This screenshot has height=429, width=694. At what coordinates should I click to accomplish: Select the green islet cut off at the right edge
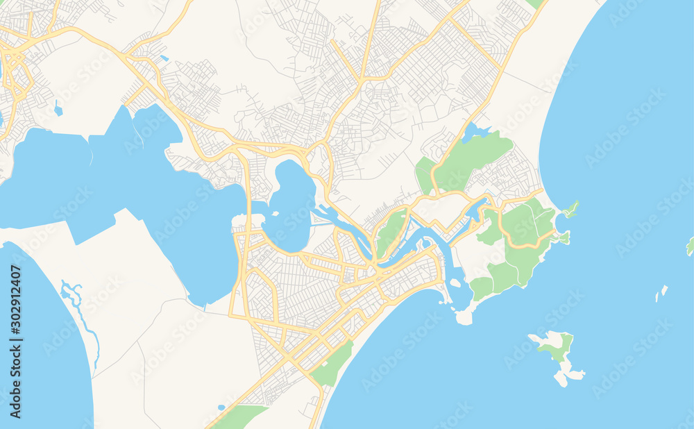[691, 246]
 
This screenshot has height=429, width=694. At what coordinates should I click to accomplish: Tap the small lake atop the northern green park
[474, 131]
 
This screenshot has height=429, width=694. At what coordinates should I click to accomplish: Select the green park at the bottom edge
[238, 417]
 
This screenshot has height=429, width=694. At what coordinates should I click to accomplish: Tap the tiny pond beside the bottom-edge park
[221, 407]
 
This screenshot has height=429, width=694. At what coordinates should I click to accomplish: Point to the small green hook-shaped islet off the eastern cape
[570, 208]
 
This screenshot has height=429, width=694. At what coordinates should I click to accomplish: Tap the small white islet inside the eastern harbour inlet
[456, 283]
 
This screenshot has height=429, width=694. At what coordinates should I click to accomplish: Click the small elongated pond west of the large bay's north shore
[58, 110]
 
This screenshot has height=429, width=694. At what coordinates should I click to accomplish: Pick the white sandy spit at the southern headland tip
[464, 317]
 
